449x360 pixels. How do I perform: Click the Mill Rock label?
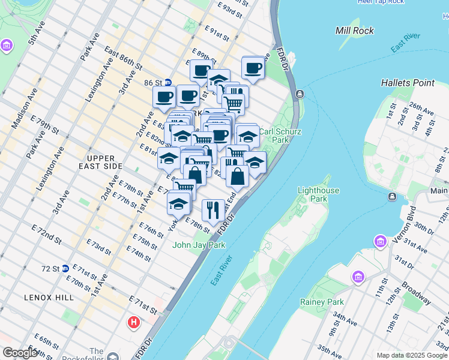[x=355, y=31]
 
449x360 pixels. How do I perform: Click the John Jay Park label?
[x=199, y=245]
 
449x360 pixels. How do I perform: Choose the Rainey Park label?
[x=324, y=302]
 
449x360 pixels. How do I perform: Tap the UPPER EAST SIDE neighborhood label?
[x=100, y=166]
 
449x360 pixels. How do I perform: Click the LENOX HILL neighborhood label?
[x=49, y=298]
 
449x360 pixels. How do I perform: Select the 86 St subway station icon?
[x=169, y=83]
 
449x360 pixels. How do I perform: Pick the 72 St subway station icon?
[x=64, y=269]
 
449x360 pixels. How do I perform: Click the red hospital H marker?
[x=133, y=323]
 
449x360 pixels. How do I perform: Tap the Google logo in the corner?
[x=20, y=353]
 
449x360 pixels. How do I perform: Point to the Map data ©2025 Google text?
[x=412, y=355]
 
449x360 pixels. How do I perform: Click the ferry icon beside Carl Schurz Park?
[x=300, y=94]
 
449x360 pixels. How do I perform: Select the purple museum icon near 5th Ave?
[x=7, y=46]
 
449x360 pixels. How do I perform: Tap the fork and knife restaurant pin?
[x=213, y=210]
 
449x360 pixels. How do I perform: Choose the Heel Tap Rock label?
[x=381, y=2]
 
